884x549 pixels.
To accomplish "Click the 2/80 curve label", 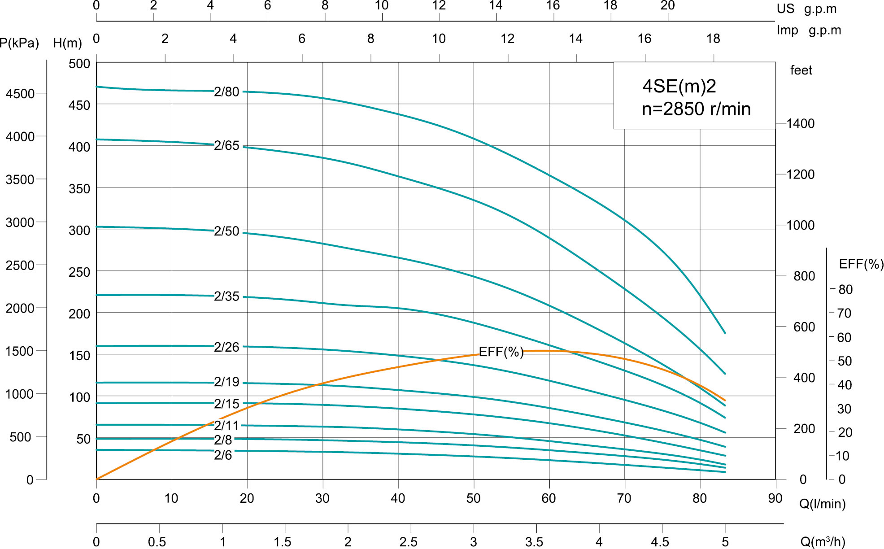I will pyautogui.click(x=226, y=92).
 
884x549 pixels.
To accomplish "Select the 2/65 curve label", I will pyautogui.click(x=226, y=146).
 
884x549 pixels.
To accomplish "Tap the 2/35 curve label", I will pyautogui.click(x=226, y=296).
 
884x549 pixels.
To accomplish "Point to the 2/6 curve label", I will pyautogui.click(x=223, y=455).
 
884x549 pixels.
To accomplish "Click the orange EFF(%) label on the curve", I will pyautogui.click(x=501, y=352).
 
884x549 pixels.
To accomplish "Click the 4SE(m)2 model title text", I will pyautogui.click(x=679, y=86).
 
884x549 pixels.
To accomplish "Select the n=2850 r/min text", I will pyautogui.click(x=696, y=109).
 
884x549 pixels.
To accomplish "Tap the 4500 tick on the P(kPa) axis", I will pyautogui.click(x=20, y=94).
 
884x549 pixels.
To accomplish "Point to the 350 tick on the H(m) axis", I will pyautogui.click(x=79, y=189).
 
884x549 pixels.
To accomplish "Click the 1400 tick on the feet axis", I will pyautogui.click(x=800, y=124).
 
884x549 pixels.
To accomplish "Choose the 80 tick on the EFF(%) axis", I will pyautogui.click(x=845, y=290).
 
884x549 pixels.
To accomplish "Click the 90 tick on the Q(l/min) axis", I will pyautogui.click(x=775, y=498).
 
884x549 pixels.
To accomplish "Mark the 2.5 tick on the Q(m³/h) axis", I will pyautogui.click(x=408, y=542).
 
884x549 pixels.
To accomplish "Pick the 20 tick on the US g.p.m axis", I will pyautogui.click(x=667, y=6).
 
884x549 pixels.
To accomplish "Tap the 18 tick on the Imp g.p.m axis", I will pyautogui.click(x=713, y=39).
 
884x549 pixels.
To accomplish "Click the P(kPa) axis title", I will pyautogui.click(x=19, y=44).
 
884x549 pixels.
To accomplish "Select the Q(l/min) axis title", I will pyautogui.click(x=822, y=504).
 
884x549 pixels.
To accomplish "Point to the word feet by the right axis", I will pyautogui.click(x=801, y=70).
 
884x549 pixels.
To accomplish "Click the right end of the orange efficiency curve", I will pyautogui.click(x=725, y=400).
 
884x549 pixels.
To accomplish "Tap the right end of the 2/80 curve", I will pyautogui.click(x=725, y=333).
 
